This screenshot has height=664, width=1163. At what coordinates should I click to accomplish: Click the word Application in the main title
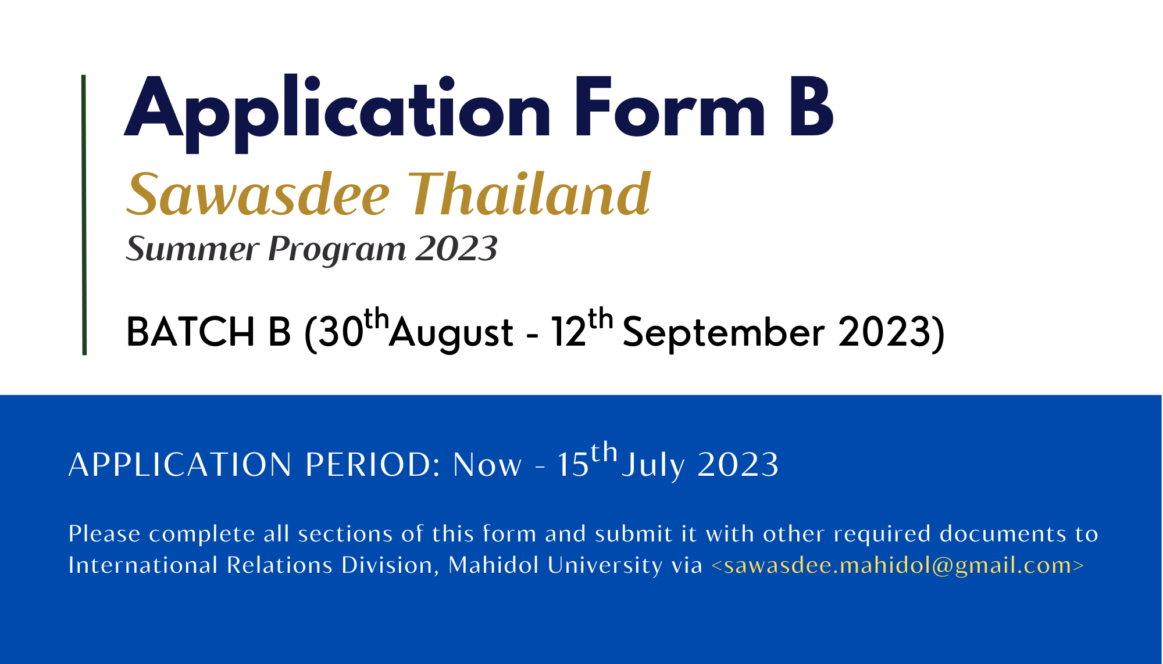pyautogui.click(x=337, y=113)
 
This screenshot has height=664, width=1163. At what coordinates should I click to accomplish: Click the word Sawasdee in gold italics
pyautogui.click(x=258, y=194)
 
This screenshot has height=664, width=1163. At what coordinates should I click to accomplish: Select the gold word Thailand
pyautogui.click(x=530, y=193)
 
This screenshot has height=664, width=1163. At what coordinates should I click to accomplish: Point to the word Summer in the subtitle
pyautogui.click(x=192, y=249)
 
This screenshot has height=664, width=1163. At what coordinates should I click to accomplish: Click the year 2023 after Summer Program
pyautogui.click(x=456, y=249)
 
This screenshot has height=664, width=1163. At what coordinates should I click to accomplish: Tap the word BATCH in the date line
pyautogui.click(x=191, y=332)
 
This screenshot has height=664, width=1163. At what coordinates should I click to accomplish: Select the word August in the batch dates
pyautogui.click(x=451, y=334)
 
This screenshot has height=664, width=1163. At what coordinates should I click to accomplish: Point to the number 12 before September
pyautogui.click(x=569, y=332)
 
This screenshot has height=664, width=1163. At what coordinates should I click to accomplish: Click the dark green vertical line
pyautogui.click(x=84, y=215)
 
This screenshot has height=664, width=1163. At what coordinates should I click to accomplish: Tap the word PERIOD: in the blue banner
pyautogui.click(x=373, y=465)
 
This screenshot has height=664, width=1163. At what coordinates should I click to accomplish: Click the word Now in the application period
pyautogui.click(x=487, y=465)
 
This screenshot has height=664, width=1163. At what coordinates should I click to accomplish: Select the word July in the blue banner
pyautogui.click(x=654, y=466)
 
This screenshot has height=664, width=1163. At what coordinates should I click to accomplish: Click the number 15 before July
pyautogui.click(x=573, y=465)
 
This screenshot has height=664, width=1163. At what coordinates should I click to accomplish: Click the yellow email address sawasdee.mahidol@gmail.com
pyautogui.click(x=898, y=565)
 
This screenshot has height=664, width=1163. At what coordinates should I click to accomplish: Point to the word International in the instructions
pyautogui.click(x=143, y=565)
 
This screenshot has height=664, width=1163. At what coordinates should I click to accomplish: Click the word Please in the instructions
pyautogui.click(x=105, y=534)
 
